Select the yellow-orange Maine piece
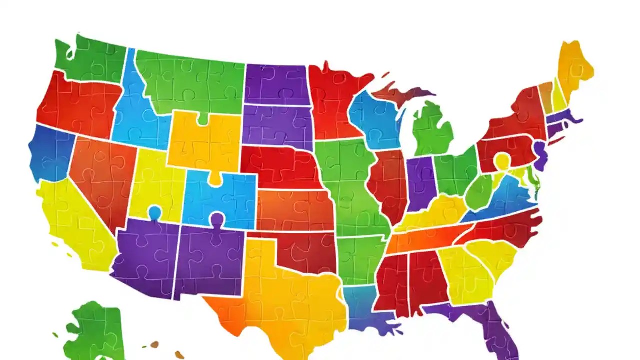[575, 67]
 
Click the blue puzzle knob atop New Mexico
[217, 219]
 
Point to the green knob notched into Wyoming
[202, 119]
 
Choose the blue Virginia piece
[505, 200]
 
